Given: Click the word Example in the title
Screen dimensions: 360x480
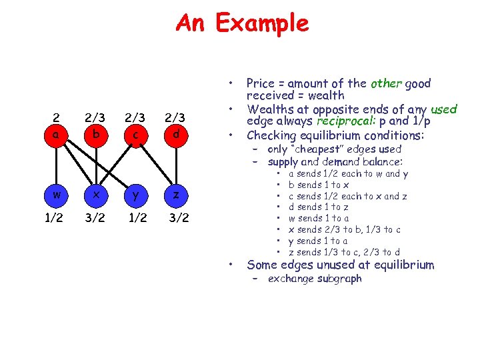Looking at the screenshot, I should tap(262, 23).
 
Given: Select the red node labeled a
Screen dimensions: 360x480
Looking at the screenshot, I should tap(58, 134).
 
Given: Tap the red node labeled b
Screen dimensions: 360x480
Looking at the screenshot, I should tap(97, 134).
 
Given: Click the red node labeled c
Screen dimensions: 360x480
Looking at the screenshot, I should tap(135, 134).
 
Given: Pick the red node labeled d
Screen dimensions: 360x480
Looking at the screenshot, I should tap(174, 134).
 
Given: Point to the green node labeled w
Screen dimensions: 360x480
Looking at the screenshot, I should tap(58, 195).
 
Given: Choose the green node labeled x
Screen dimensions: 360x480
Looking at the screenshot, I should tap(97, 195).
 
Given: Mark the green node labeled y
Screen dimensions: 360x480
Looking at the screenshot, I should tap(135, 195).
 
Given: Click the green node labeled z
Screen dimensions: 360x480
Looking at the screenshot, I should tap(174, 195).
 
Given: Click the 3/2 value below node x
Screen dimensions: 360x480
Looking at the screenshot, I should tap(97, 218).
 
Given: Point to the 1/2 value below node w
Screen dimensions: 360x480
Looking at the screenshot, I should tap(58, 218).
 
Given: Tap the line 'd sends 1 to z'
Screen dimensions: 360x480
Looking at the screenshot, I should tap(323, 207).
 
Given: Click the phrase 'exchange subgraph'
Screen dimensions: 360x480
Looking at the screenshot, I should tap(314, 279).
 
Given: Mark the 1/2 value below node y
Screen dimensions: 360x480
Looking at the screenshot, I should tap(135, 218).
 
